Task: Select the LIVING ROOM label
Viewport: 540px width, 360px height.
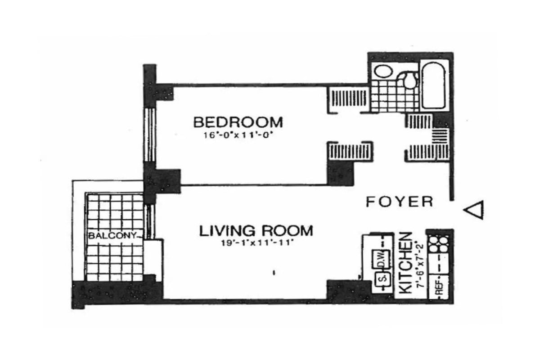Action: point(256,231)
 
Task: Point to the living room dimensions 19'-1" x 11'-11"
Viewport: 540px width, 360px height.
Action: point(256,243)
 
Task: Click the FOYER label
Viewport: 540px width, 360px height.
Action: point(399,202)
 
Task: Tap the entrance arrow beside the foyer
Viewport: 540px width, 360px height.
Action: point(474,210)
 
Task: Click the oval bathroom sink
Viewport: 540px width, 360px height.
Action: point(383,72)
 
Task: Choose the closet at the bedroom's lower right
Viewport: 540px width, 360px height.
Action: point(349,152)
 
